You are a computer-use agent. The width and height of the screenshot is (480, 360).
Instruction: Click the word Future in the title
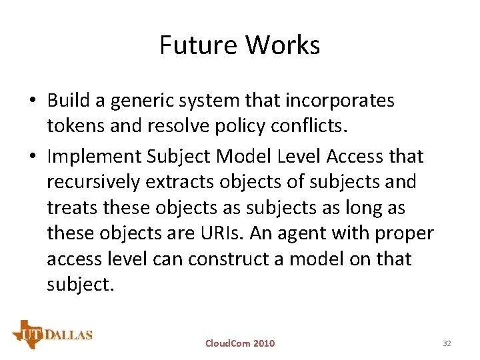pos(199,45)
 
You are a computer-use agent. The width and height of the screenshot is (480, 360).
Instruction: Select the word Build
pos(69,101)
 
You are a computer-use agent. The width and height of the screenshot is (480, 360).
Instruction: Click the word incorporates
pos(340,101)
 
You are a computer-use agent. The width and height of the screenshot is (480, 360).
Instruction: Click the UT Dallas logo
pos(52,333)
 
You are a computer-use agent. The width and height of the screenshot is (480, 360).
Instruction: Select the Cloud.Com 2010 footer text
pos(239,343)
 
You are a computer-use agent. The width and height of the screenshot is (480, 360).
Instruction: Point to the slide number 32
pos(447,343)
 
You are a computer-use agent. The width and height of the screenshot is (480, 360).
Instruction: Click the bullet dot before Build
pos(33,101)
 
